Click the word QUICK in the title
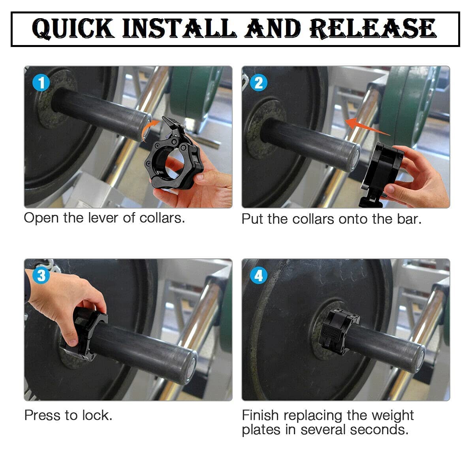[x=73, y=28]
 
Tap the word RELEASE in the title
[x=372, y=28]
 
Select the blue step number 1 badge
[x=41, y=83]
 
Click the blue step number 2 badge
[x=258, y=83]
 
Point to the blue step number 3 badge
[x=41, y=275]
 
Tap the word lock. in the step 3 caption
[x=97, y=415]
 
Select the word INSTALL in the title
[x=179, y=28]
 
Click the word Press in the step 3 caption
[x=42, y=415]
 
